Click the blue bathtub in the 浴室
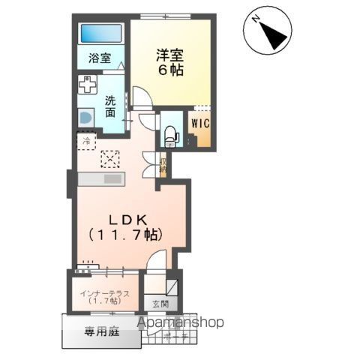coord(100,34)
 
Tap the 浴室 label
coord(100,58)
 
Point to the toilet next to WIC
coord(170,133)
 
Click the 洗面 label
coord(110,106)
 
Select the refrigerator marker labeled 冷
coord(87,140)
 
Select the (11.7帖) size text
coord(126,234)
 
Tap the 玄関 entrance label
coord(160,304)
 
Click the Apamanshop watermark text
coord(180,322)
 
